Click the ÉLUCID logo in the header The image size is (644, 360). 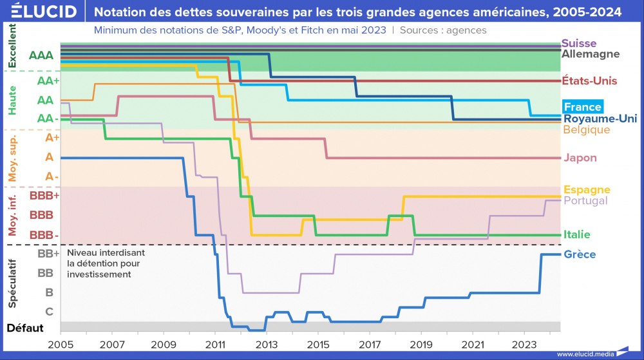(44, 12)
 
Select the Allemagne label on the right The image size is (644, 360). (590, 54)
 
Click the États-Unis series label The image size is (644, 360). (589, 81)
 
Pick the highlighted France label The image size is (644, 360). (582, 107)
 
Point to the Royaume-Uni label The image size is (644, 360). (600, 118)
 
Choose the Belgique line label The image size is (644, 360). (586, 129)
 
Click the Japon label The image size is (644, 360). (580, 158)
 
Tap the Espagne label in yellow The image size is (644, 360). (586, 189)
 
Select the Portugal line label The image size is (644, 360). (585, 200)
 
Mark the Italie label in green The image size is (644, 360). (576, 234)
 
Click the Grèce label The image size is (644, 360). (577, 254)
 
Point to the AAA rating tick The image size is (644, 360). (41, 55)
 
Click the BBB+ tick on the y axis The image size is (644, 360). (44, 194)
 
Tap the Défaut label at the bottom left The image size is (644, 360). (25, 328)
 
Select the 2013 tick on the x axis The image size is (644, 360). (267, 345)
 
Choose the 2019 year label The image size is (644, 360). (421, 345)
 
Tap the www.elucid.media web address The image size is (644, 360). (584, 354)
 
